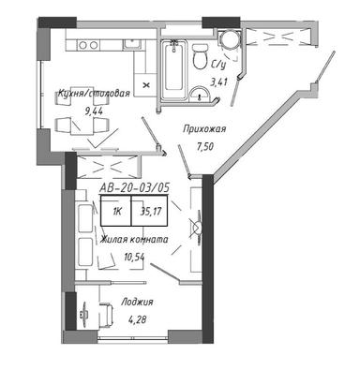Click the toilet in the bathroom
[x=200, y=56]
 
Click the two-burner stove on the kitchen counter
[x=88, y=45]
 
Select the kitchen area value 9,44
[x=94, y=111]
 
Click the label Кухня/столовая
[x=94, y=94]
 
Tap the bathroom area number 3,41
[x=219, y=82]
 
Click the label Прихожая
[x=204, y=128]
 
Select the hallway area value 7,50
[x=205, y=146]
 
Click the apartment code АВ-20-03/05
[x=134, y=187]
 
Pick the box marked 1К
[x=115, y=211]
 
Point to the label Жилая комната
[x=134, y=240]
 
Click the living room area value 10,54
[x=134, y=257]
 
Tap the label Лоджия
[x=137, y=302]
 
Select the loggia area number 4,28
[x=138, y=319]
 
